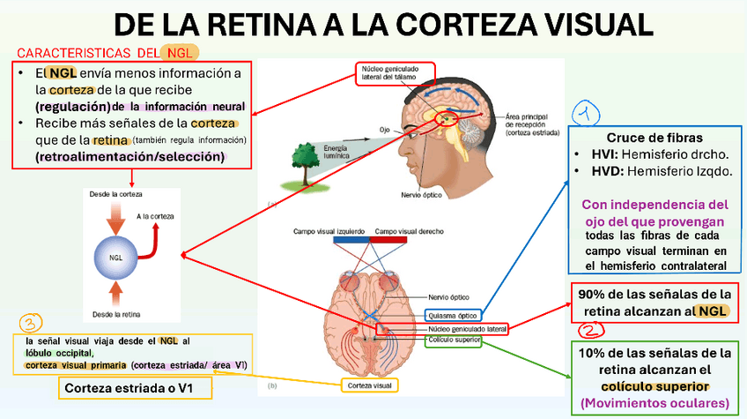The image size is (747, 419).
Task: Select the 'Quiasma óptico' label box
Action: click(454, 315)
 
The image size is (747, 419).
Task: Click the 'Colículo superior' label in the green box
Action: click(454, 338)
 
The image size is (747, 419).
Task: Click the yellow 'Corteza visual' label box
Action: click(370, 385)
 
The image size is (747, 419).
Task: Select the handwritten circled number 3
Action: click(31, 323)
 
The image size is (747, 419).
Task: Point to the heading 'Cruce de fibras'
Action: click(654, 138)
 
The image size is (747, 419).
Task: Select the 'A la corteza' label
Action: click(156, 216)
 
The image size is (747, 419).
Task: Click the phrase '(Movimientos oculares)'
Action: click(655, 403)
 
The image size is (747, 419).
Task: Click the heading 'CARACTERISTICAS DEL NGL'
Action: click(107, 53)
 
